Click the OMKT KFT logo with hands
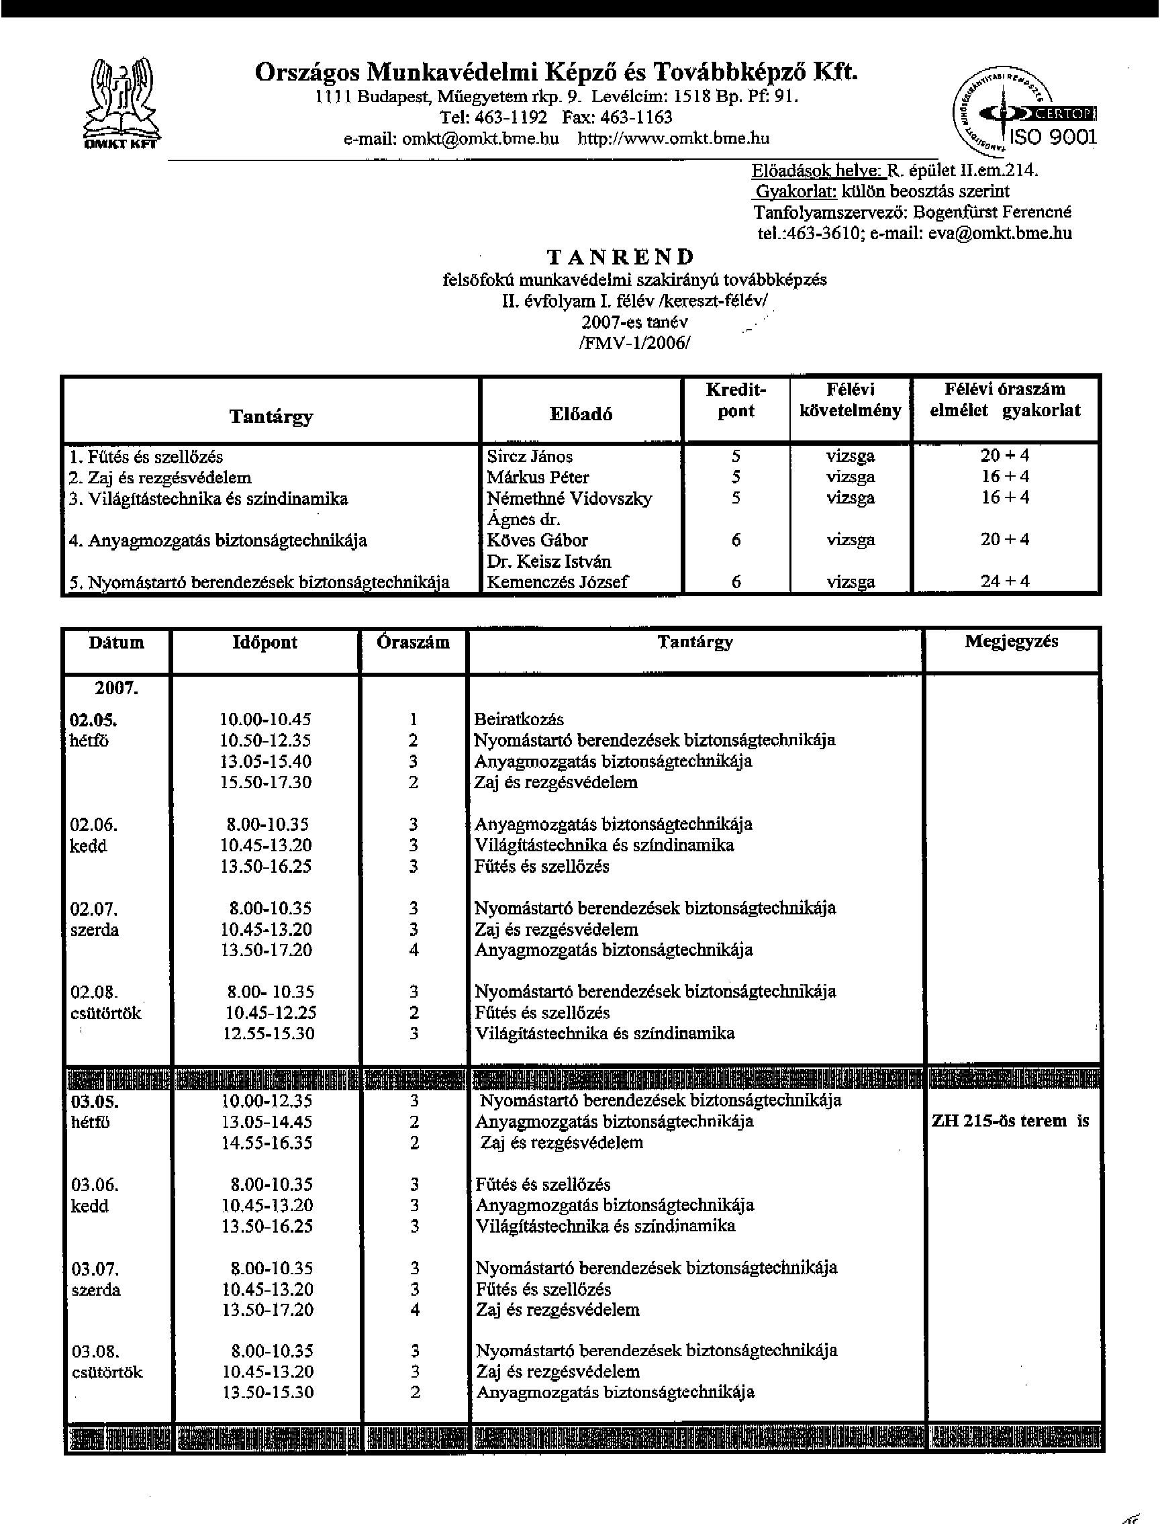[x=122, y=103]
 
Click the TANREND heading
[x=620, y=257]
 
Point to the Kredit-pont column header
[x=735, y=401]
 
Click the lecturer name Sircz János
[x=530, y=457]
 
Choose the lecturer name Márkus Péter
[x=538, y=477]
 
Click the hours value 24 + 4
[x=1005, y=581]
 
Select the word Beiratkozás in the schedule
[x=518, y=719]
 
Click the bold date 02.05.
[x=93, y=720]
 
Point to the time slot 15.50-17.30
[x=266, y=782]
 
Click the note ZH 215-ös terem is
[x=1010, y=1121]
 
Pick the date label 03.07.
[x=95, y=1268]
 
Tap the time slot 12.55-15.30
[x=269, y=1033]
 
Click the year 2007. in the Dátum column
[x=116, y=687]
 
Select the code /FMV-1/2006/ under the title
[x=634, y=342]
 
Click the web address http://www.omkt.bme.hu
[x=673, y=138]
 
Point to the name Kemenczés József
[x=557, y=581]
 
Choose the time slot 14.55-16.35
[x=267, y=1142]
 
